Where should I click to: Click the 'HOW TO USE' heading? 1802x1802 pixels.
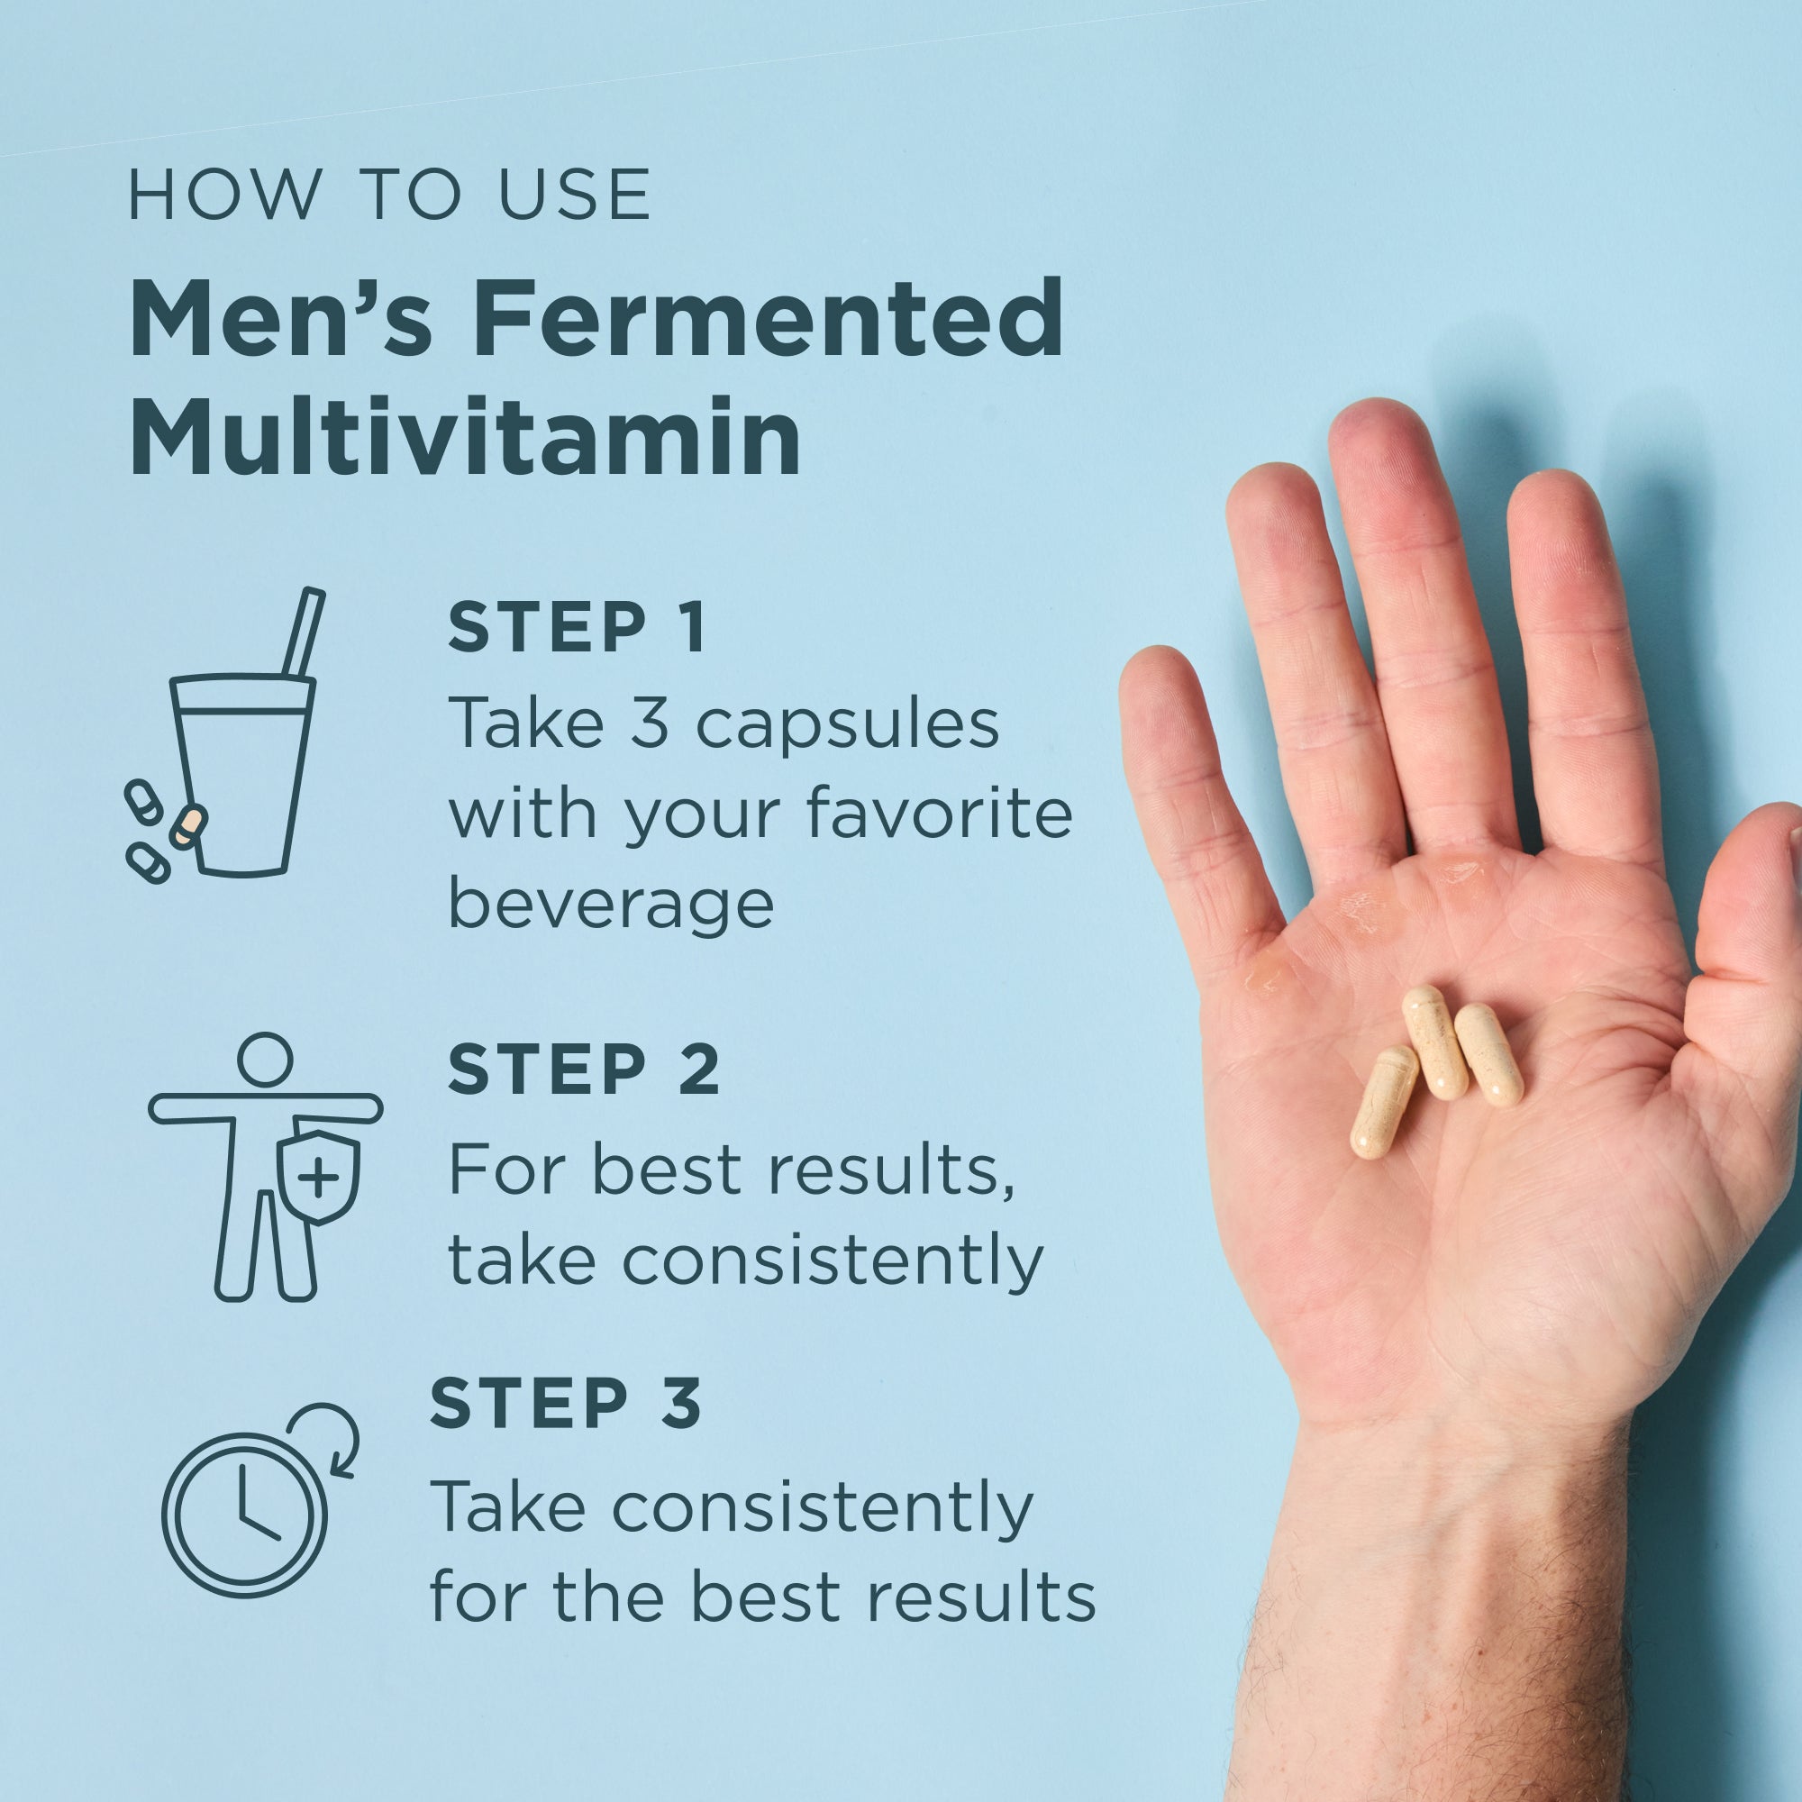point(389,196)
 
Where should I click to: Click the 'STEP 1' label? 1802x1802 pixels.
point(578,628)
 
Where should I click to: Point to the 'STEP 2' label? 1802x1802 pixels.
point(584,1069)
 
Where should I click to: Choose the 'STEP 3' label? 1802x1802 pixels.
point(565,1403)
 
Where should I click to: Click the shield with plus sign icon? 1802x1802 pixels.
point(319,1178)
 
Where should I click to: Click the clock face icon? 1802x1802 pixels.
point(245,1511)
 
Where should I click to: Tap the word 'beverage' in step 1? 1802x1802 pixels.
point(611,905)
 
